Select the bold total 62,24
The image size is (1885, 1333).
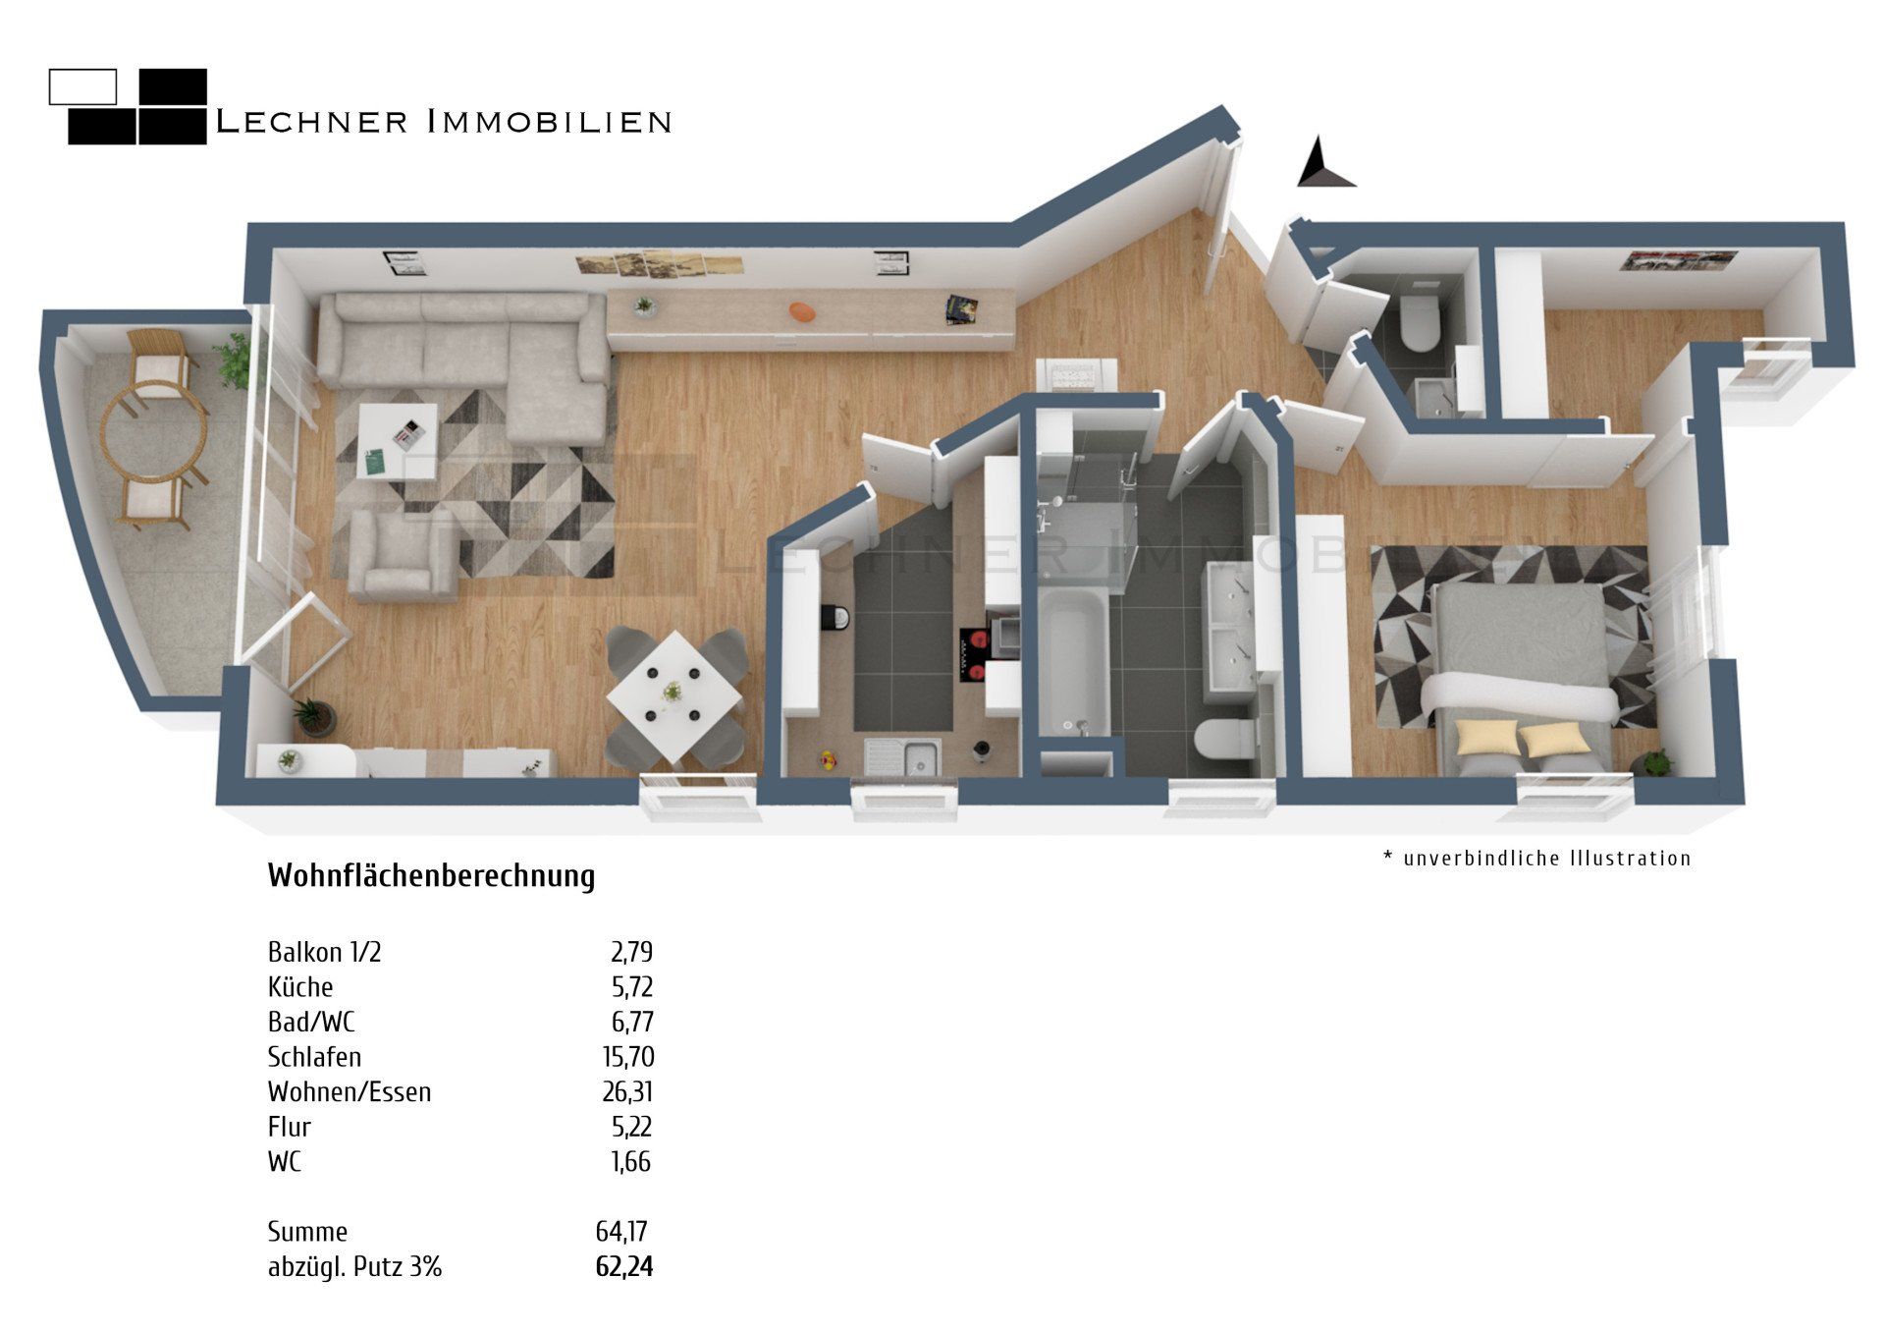tap(623, 1266)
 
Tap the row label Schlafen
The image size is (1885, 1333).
tap(314, 1057)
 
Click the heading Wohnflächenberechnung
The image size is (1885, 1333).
tap(431, 875)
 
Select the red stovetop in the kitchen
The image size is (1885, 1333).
tap(971, 655)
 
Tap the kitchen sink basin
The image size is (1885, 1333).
tap(920, 758)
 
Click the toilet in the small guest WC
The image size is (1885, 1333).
tap(1418, 326)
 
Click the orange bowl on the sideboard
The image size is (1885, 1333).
tap(802, 311)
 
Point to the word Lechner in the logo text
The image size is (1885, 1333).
tap(311, 122)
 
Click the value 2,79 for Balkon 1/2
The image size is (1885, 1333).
tap(631, 952)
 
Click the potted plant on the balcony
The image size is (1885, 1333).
tap(234, 358)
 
